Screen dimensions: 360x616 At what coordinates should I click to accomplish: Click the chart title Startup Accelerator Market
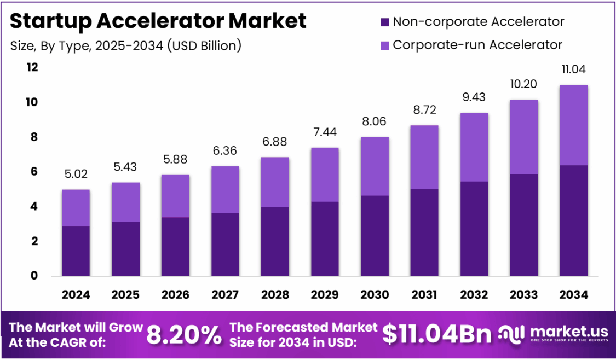point(158,21)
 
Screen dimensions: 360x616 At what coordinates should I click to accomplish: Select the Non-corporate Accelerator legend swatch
point(384,22)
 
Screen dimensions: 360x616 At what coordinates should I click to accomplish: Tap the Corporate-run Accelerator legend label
point(477,44)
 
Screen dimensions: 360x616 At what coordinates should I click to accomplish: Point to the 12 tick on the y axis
point(32,67)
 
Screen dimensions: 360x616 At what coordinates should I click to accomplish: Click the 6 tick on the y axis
point(34,172)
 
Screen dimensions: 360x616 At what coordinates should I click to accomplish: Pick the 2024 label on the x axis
point(76,295)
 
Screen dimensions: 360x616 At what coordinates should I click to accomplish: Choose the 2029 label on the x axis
point(325,295)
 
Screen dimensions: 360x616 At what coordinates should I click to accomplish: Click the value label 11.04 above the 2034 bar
point(573,69)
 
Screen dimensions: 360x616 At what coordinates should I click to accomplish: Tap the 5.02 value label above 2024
point(76,174)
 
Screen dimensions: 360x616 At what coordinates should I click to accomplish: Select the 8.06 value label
point(375,121)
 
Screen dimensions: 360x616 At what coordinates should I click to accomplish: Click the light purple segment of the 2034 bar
point(573,125)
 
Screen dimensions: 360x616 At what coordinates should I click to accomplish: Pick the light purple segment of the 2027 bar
point(225,189)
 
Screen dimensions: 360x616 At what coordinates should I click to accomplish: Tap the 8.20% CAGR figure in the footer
point(184,335)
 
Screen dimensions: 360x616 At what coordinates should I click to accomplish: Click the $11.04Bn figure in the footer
point(436,335)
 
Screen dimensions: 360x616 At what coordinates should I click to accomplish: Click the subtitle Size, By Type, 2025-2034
point(125,45)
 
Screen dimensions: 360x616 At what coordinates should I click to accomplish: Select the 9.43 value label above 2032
point(474,97)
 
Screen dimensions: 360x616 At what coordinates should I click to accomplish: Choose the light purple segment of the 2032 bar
point(474,147)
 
